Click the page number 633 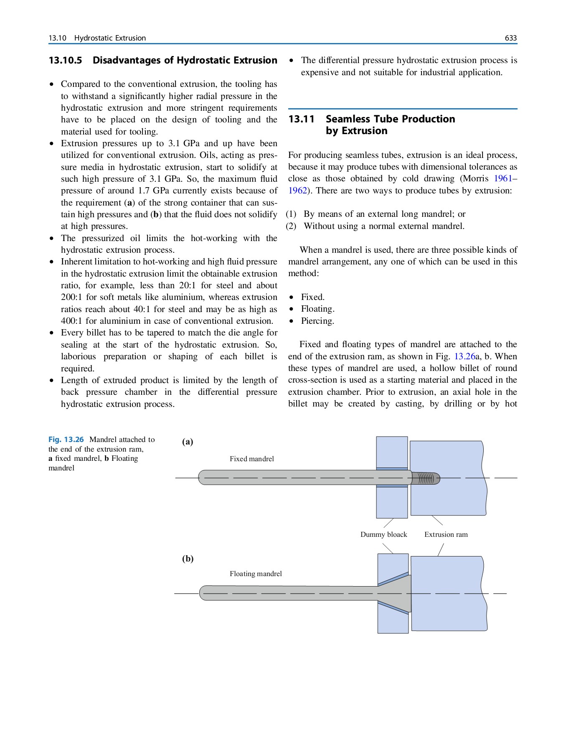tap(510, 38)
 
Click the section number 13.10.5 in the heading tap(65, 60)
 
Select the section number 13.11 tap(301, 119)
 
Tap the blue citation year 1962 tap(297, 191)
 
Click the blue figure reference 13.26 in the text tap(464, 356)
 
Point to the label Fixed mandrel tap(251, 459)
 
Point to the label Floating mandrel tap(255, 574)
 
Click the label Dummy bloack tap(383, 534)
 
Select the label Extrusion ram tap(446, 534)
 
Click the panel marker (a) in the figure tap(188, 442)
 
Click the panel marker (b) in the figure tap(188, 559)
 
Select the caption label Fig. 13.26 tap(66, 440)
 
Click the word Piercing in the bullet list tap(317, 321)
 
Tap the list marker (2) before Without tap(291, 226)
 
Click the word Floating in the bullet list tap(317, 309)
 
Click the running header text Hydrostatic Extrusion tap(110, 38)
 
